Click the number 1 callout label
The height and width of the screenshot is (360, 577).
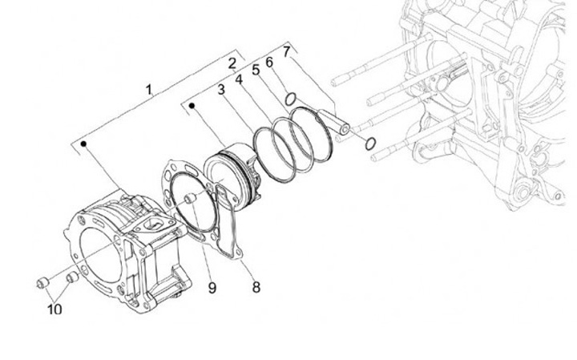(x=148, y=89)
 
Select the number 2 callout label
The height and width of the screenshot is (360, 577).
(x=232, y=63)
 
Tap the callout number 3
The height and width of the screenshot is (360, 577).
(x=222, y=90)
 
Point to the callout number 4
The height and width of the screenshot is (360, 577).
(x=239, y=79)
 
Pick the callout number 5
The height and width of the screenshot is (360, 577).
(x=256, y=70)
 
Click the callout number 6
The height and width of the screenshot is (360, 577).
(x=269, y=61)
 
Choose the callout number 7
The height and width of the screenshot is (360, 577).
(x=286, y=52)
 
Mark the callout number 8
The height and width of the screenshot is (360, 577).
(x=256, y=285)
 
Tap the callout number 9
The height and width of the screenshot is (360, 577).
(x=212, y=286)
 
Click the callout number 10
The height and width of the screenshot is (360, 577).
(x=54, y=309)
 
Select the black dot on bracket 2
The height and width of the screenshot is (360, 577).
(x=192, y=104)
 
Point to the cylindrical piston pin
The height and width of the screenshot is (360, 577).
(x=337, y=120)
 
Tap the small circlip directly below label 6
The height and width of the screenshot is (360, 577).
(x=292, y=99)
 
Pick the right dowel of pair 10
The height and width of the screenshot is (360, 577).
(x=71, y=277)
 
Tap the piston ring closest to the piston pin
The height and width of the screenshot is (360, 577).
(x=309, y=134)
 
